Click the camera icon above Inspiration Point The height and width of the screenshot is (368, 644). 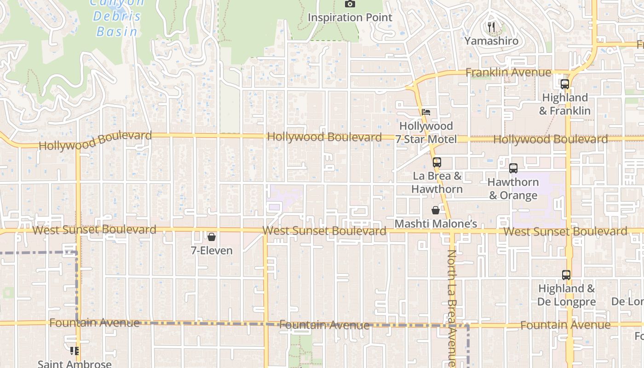[350, 4]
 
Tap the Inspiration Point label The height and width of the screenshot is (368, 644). [350, 17]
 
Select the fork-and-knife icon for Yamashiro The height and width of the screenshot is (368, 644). [491, 28]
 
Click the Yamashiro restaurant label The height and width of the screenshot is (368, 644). [491, 41]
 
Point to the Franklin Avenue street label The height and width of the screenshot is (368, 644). [508, 73]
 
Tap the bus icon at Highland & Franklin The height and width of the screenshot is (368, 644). [565, 84]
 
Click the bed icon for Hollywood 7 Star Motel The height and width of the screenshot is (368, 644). [426, 112]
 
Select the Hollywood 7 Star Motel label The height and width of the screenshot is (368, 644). [426, 132]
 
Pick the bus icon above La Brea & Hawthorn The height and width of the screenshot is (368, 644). [437, 162]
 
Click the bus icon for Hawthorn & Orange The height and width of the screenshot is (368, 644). [513, 168]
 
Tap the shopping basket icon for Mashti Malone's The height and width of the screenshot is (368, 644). [436, 210]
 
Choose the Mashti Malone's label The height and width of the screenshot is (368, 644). [436, 224]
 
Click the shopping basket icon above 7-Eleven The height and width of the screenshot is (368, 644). [212, 237]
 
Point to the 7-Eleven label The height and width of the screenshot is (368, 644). [212, 251]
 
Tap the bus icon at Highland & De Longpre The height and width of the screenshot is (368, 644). [566, 275]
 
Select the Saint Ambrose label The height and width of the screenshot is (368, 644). [75, 364]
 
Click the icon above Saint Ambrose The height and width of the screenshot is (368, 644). [75, 351]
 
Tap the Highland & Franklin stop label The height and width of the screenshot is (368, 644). [565, 104]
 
